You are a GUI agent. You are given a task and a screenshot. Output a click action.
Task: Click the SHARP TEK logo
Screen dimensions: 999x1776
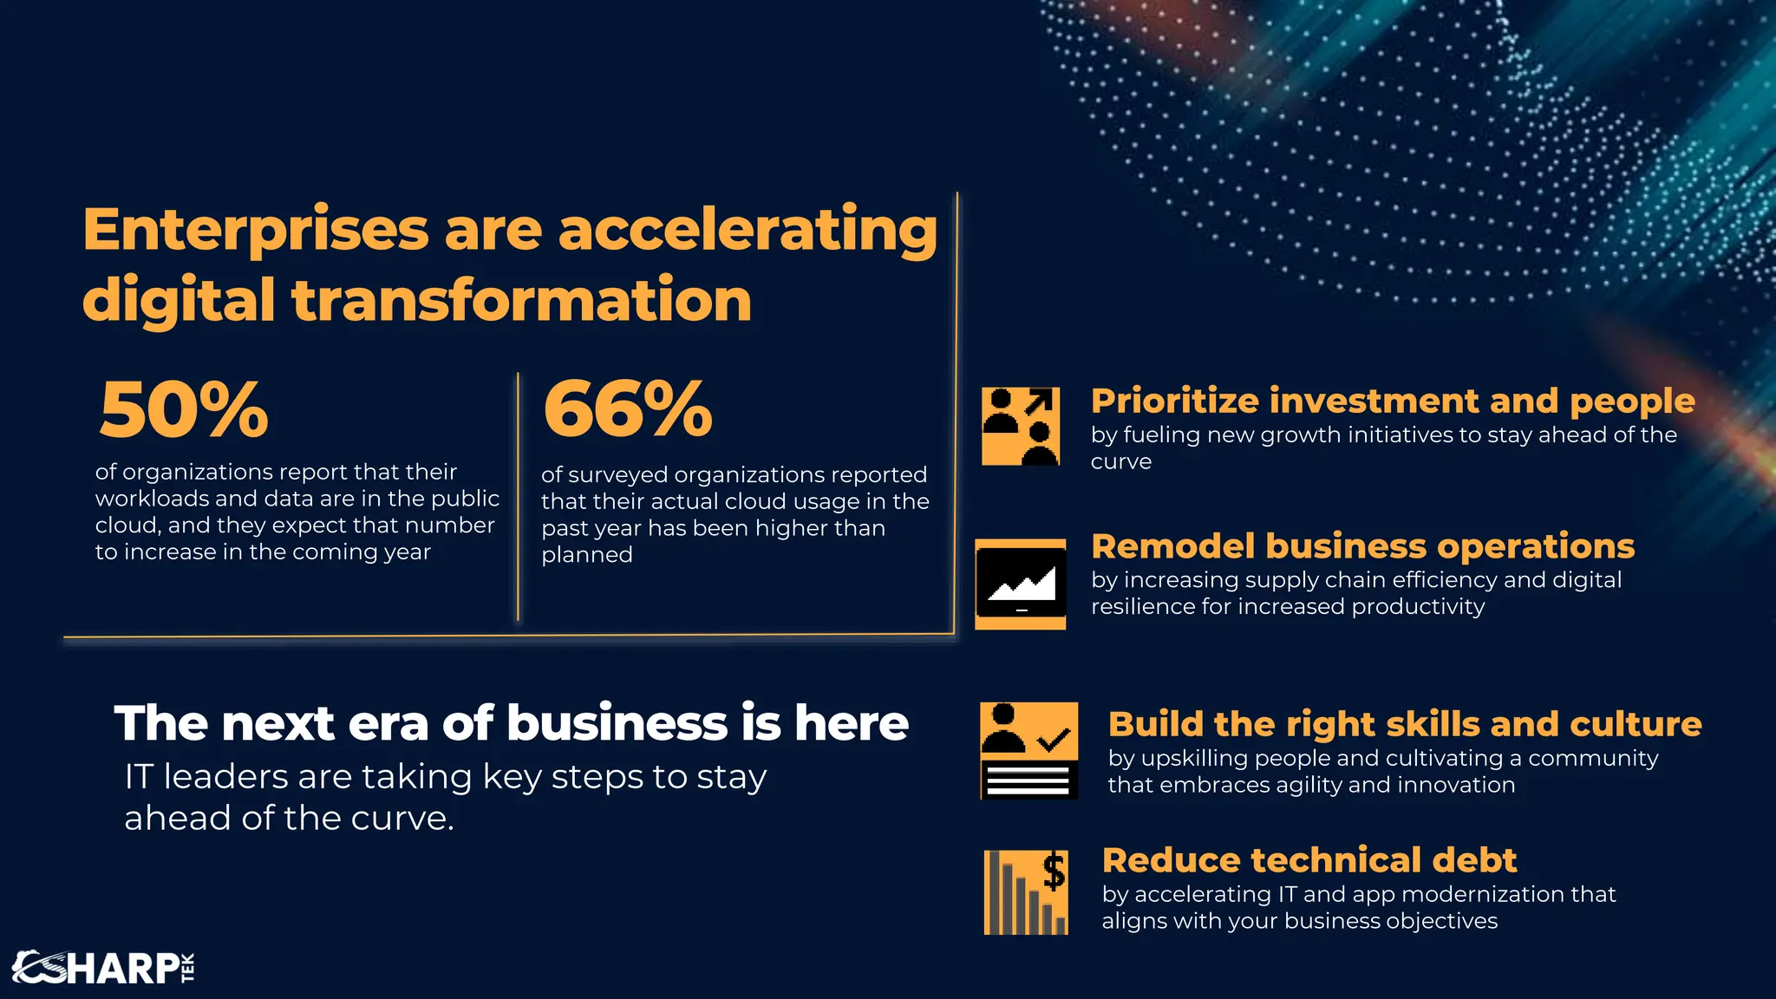pyautogui.click(x=103, y=968)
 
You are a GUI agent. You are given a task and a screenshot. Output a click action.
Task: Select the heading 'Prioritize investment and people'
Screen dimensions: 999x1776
pyautogui.click(x=1393, y=401)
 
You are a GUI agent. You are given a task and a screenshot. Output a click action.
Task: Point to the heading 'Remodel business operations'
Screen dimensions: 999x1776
pyautogui.click(x=1362, y=546)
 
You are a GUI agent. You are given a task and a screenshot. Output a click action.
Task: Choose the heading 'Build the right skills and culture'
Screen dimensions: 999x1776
pyautogui.click(x=1405, y=724)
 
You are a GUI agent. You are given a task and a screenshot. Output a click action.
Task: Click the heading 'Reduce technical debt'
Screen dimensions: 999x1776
pyautogui.click(x=1309, y=860)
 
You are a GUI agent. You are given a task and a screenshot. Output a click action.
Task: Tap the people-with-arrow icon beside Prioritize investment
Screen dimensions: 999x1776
pyautogui.click(x=1021, y=427)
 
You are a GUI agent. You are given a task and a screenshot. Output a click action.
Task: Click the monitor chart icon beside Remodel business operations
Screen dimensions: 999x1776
pyautogui.click(x=1021, y=584)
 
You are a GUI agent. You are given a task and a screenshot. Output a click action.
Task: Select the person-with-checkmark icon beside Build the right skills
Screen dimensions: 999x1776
pyautogui.click(x=1029, y=750)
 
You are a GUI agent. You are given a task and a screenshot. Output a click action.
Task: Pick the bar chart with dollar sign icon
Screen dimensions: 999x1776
pyautogui.click(x=1026, y=892)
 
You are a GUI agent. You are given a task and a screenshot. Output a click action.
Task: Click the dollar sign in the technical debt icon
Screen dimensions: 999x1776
pyautogui.click(x=1054, y=871)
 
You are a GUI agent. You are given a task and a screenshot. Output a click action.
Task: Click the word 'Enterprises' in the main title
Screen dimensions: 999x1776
pyautogui.click(x=256, y=231)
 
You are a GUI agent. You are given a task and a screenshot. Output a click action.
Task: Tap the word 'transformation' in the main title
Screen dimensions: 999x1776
pyautogui.click(x=521, y=300)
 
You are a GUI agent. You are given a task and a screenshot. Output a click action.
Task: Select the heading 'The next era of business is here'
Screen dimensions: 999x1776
pyautogui.click(x=512, y=723)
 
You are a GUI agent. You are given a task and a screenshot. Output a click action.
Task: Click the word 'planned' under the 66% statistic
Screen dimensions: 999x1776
pyautogui.click(x=587, y=555)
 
